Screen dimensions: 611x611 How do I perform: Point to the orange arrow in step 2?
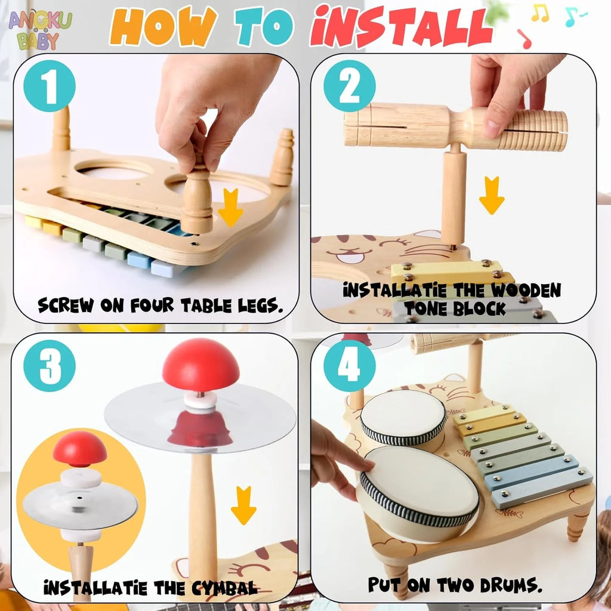(x=491, y=195)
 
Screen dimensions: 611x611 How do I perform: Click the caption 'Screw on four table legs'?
(x=160, y=305)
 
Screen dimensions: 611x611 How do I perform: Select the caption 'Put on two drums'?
(x=455, y=584)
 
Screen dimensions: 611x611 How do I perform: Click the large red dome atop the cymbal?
(x=200, y=365)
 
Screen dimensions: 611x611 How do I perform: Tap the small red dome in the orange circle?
(x=79, y=448)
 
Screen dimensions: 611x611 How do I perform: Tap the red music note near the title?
(x=524, y=39)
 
